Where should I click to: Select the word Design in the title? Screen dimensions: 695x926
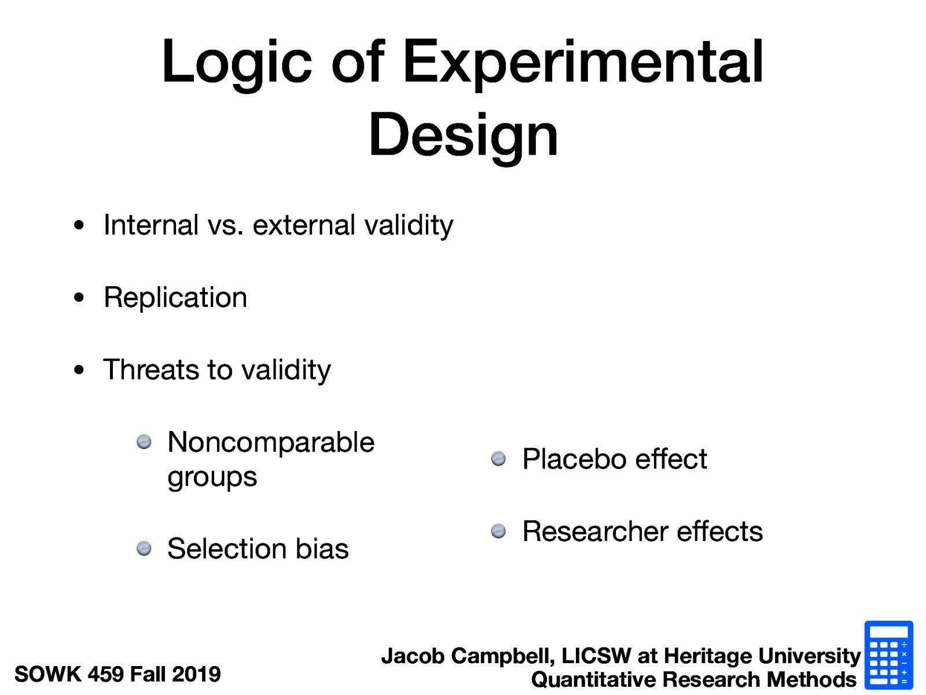point(463,135)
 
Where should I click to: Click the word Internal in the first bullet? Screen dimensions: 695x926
point(151,225)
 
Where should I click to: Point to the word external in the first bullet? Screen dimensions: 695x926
point(304,225)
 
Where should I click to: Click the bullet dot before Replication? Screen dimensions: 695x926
point(79,298)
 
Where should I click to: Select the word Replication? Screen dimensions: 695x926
point(175,298)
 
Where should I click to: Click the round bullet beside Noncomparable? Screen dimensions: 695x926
point(144,442)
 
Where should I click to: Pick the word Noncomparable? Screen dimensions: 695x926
point(271,442)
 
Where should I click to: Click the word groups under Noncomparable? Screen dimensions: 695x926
point(212,478)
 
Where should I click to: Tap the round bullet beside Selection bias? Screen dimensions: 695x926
point(144,548)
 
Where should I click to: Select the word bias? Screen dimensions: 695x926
point(322,548)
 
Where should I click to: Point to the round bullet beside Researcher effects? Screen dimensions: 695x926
point(498,531)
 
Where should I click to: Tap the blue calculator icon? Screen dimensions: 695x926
point(888,655)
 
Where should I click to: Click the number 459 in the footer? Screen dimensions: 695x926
point(105,674)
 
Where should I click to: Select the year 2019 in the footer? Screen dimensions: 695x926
point(196,674)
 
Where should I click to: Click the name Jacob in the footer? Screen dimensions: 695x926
point(413,656)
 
